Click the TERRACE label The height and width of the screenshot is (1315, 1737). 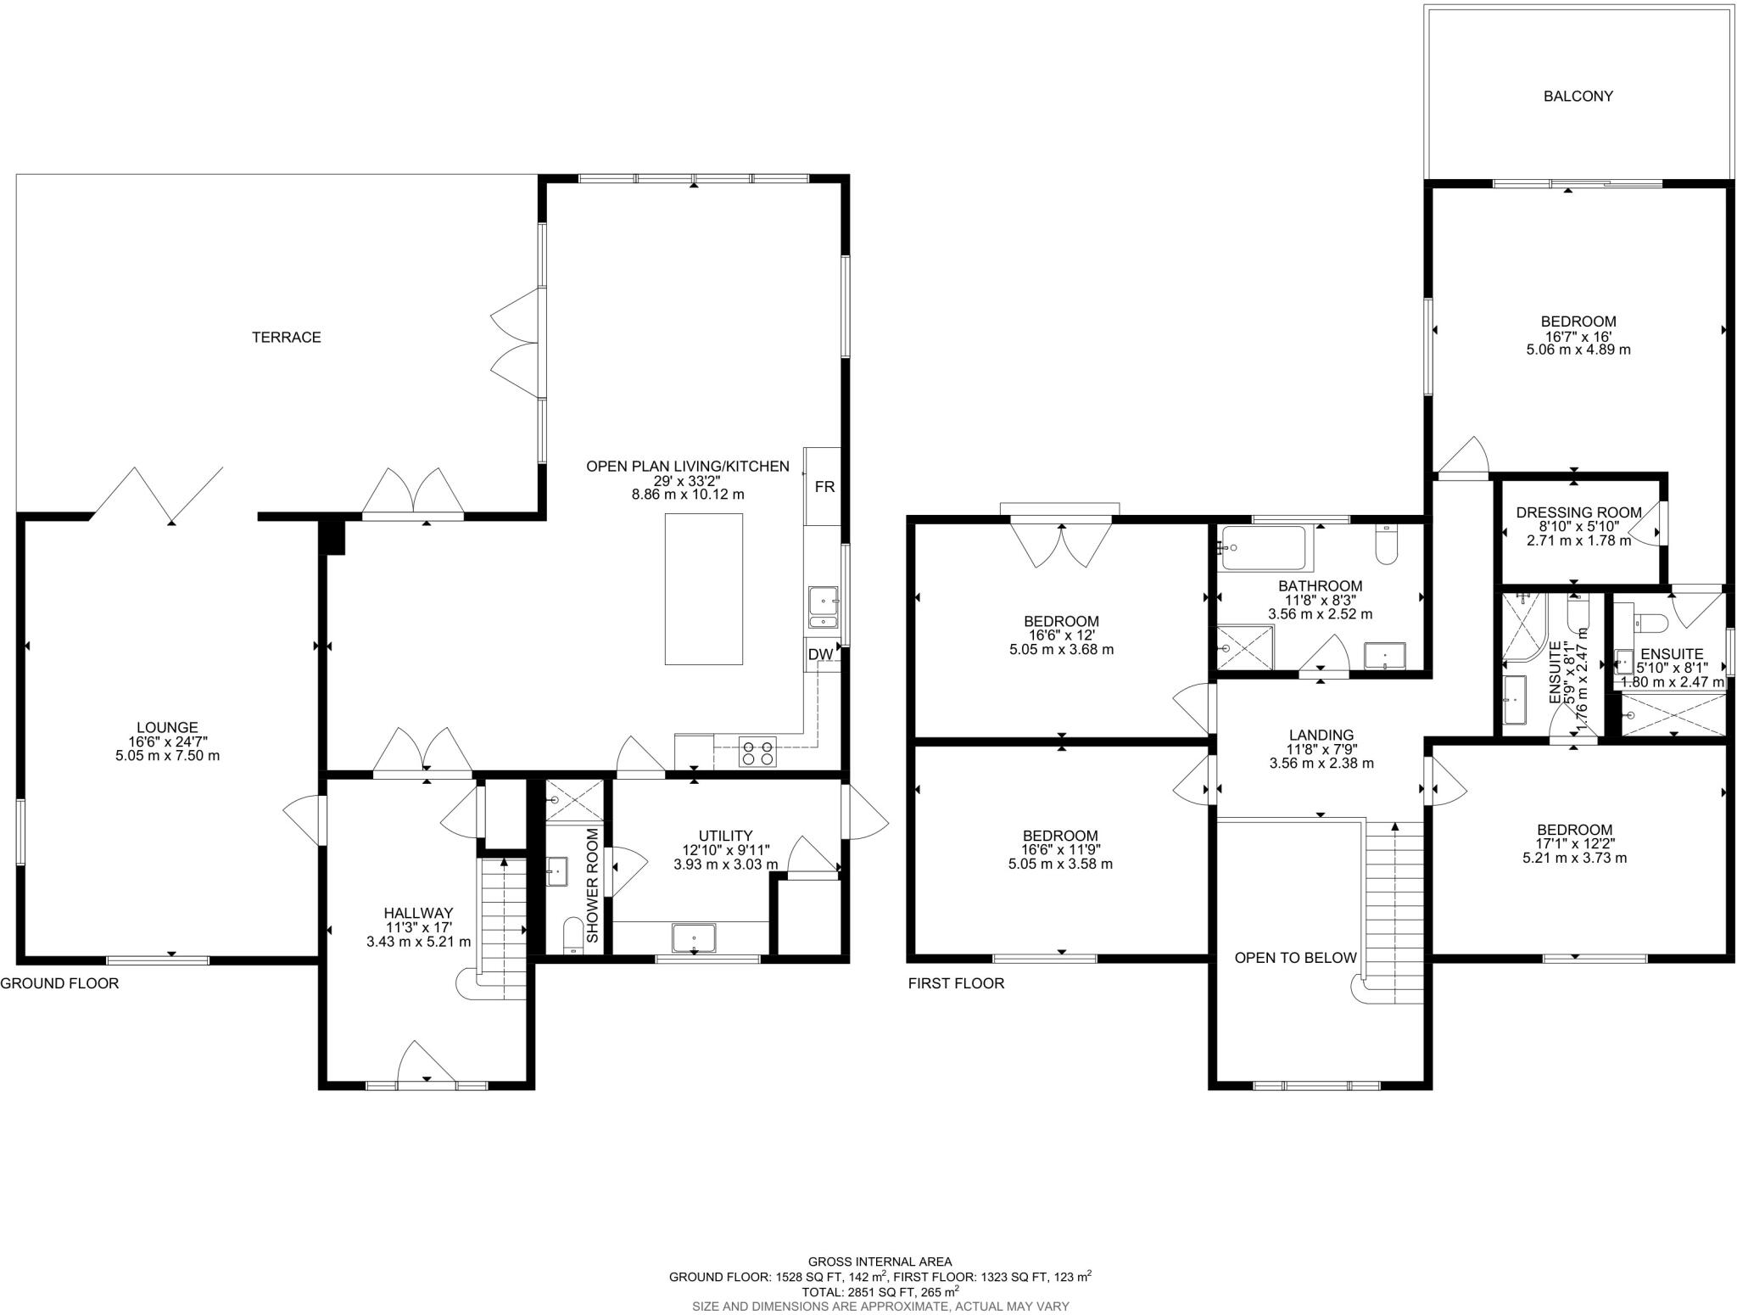pos(286,338)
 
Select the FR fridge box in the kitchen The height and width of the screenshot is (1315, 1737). pos(824,487)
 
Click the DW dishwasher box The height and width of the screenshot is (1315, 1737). pos(819,655)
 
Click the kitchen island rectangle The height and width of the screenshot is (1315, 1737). pos(704,589)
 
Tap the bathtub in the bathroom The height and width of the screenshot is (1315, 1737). pos(1265,548)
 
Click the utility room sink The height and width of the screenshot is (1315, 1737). pos(694,938)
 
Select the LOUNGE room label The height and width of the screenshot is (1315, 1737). pos(167,727)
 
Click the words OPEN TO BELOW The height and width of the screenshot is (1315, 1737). pos(1295,958)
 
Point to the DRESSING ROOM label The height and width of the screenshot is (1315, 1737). pos(1578,512)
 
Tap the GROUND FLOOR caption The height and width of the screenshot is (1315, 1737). pos(59,983)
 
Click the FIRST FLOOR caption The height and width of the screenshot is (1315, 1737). pos(956,983)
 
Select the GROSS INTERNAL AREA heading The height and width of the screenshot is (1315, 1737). pos(880,1262)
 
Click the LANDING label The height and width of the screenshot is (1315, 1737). pos(1321,735)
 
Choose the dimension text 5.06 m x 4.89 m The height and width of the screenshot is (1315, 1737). pos(1578,349)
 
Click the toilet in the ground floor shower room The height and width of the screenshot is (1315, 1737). pos(575,936)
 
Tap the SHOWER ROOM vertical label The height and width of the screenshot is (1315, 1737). pos(593,886)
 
